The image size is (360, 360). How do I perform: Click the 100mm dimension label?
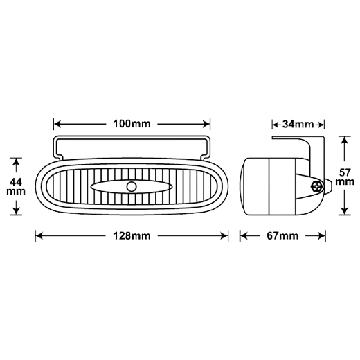pos(132,124)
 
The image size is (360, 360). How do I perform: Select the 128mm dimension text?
pos(132,236)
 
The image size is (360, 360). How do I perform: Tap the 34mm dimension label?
pos(298,125)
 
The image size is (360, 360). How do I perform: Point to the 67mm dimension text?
pos(282,236)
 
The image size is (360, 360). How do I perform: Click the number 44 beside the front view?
pos(16,182)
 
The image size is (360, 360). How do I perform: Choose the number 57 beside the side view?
pos(345,172)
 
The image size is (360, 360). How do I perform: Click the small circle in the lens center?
pos(132,186)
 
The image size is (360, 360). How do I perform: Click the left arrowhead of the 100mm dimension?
pos(57,124)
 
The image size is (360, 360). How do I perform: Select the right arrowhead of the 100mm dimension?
pos(206,124)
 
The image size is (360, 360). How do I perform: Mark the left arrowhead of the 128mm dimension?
pos(39,236)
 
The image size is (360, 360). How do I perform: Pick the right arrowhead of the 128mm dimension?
pos(224,236)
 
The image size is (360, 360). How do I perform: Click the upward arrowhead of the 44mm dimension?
pos(16,162)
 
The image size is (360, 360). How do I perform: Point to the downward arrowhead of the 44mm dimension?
pos(16,211)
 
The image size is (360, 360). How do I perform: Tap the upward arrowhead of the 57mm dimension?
pos(344,141)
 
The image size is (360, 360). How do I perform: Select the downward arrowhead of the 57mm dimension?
pos(344,211)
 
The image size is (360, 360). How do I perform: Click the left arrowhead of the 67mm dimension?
pos(244,236)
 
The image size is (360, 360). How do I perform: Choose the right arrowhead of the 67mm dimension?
pos(322,236)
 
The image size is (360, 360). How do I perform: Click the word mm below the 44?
pos(16,192)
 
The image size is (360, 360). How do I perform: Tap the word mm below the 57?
pos(345,182)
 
